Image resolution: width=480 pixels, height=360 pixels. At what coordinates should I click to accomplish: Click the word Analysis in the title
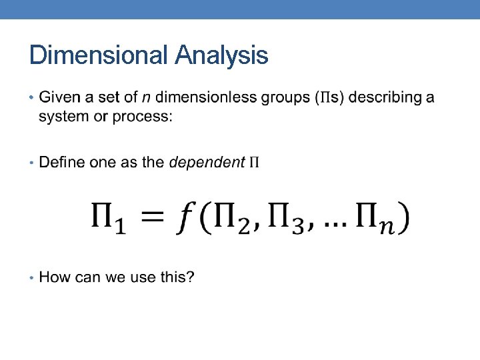point(221,55)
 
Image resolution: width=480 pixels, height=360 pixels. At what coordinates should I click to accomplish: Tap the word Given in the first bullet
point(58,97)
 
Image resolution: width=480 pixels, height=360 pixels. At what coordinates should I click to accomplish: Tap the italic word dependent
point(207,162)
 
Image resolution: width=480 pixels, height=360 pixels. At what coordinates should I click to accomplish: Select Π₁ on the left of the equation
point(110,219)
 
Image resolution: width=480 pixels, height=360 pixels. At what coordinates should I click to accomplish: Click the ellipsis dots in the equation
point(335,226)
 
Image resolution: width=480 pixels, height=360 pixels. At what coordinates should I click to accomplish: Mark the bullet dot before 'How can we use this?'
point(32,277)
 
